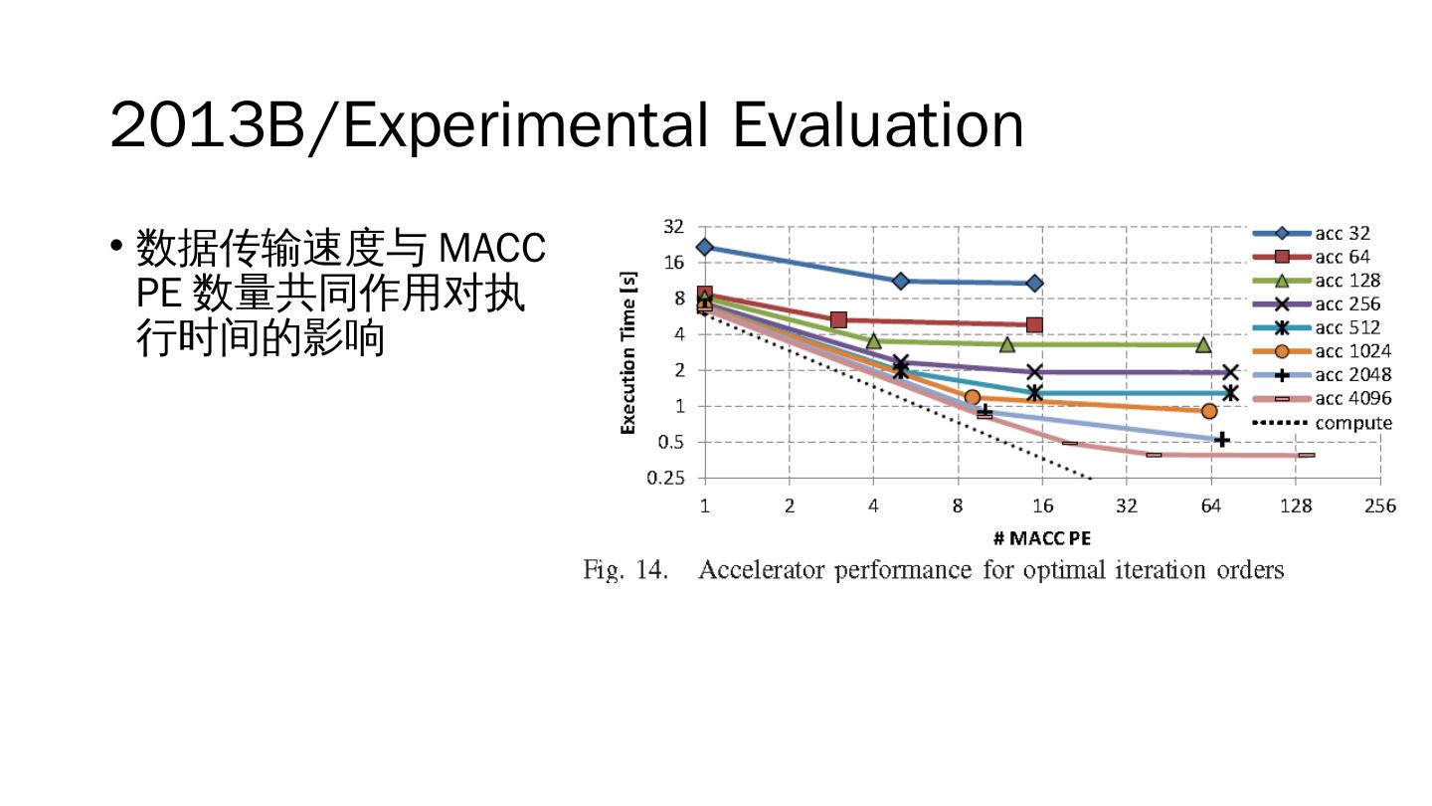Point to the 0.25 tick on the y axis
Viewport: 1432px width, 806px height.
[666, 478]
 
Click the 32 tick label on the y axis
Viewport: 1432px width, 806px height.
[673, 227]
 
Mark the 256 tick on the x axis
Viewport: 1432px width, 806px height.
[1379, 506]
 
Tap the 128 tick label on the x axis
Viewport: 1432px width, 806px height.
[1295, 506]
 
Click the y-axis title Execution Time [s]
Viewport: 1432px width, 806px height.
[628, 354]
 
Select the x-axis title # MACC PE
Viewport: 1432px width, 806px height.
[1041, 538]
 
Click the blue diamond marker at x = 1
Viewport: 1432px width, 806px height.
[705, 247]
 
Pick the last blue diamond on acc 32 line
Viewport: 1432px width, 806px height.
[1034, 284]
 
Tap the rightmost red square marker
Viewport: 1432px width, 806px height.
[1034, 325]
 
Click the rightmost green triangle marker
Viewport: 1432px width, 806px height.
[1203, 345]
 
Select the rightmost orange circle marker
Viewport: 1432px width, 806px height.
[1209, 411]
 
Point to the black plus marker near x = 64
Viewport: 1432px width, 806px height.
[1222, 439]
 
